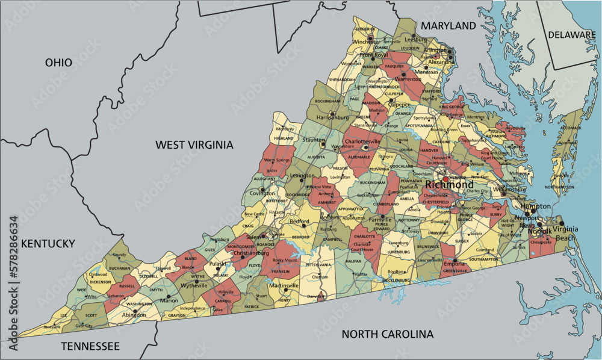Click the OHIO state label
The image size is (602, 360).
[58, 63]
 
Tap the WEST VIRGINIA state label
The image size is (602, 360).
[194, 144]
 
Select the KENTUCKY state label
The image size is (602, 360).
[48, 244]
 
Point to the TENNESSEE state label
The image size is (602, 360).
[90, 346]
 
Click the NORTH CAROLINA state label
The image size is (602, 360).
[387, 334]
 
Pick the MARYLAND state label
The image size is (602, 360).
[448, 26]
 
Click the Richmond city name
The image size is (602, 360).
[447, 185]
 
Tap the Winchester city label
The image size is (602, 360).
[367, 42]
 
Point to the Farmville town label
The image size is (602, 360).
[380, 220]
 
